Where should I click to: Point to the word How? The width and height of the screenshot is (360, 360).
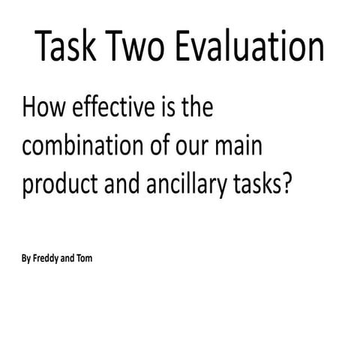coord(43,109)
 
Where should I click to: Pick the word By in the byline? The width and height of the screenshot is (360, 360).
coord(27,260)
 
